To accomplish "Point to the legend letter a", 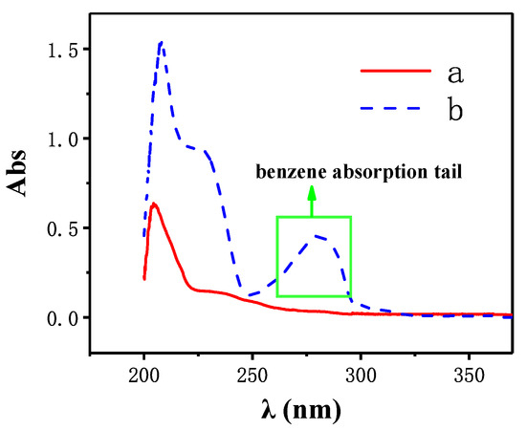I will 453,70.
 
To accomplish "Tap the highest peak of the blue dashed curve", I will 162,42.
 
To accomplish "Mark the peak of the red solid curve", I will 153,204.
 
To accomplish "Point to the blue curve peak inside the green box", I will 318,235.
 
